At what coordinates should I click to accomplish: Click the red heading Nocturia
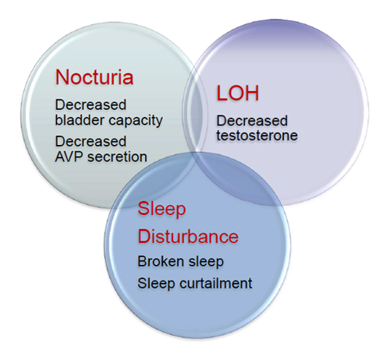pos(94,77)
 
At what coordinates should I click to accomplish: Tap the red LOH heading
pos(238,93)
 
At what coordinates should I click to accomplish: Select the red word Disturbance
pos(188,236)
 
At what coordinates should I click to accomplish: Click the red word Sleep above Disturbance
pos(161,209)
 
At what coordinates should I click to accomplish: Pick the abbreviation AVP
pos(69,157)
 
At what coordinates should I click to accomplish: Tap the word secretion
pos(117,157)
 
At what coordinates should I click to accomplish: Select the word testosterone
pos(257,136)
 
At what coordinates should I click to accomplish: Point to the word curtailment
pos(216,283)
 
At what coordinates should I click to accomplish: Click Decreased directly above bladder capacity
pos(90,104)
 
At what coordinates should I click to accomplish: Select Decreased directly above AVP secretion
pos(90,142)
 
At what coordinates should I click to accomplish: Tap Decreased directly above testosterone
pos(252,121)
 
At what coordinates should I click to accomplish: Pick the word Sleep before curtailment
pos(157,284)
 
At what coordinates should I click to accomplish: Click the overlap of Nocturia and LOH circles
pos(195,111)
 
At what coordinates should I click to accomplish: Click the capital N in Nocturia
pos(62,77)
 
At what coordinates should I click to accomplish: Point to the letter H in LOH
pos(252,93)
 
